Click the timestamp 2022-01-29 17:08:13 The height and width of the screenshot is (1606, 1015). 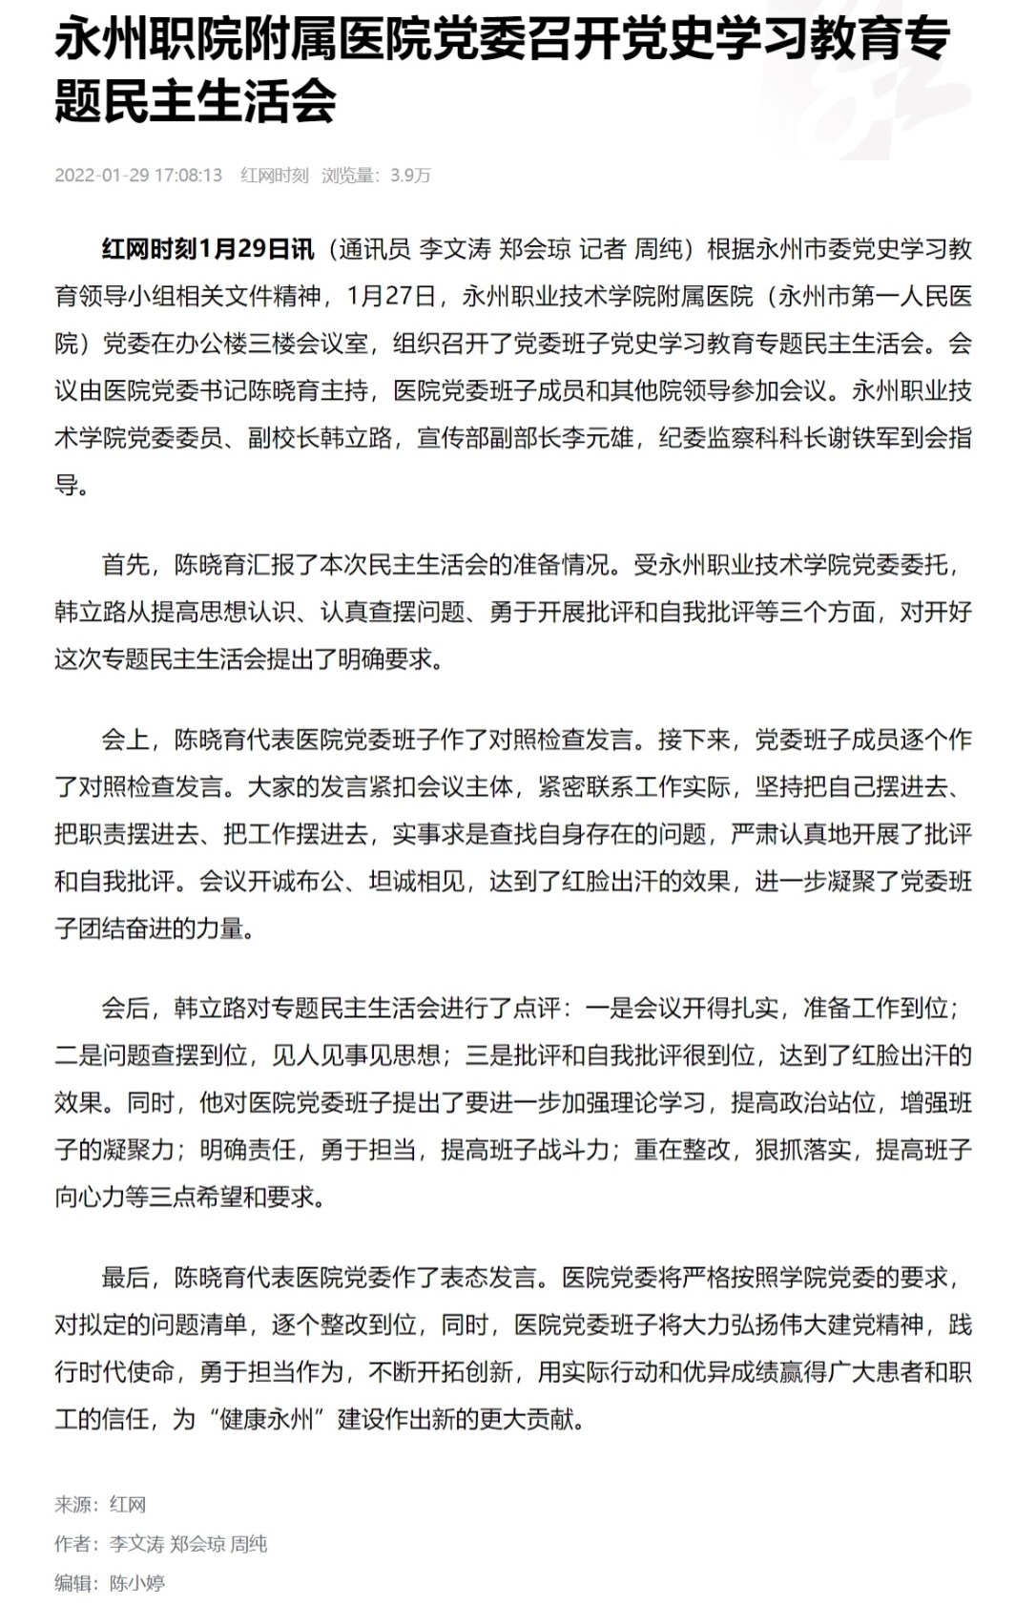(138, 176)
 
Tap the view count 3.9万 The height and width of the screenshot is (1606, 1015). (410, 176)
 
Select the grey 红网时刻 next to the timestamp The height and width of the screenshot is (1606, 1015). (275, 176)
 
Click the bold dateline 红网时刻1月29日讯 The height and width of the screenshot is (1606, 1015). (208, 250)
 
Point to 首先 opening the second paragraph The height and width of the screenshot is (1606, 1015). (126, 565)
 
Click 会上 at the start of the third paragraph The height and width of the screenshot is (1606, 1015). (126, 740)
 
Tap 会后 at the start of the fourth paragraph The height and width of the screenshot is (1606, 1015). (126, 1008)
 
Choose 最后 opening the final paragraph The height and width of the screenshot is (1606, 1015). (126, 1277)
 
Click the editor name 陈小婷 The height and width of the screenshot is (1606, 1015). (137, 1583)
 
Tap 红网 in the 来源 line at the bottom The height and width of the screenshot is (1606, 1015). (128, 1505)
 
